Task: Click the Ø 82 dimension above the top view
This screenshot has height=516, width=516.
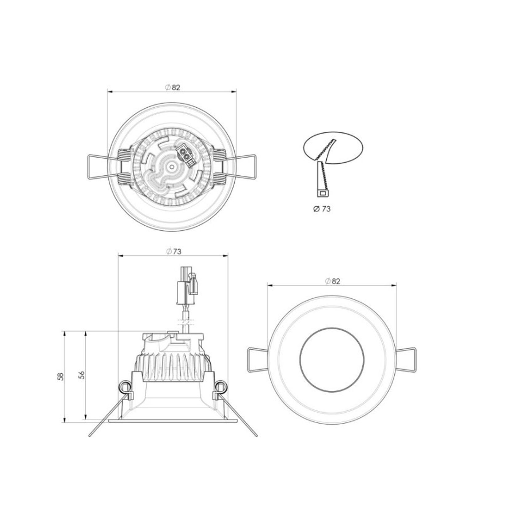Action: (173, 87)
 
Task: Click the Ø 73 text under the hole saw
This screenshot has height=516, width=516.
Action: (322, 209)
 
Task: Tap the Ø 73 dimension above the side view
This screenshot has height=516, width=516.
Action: (174, 252)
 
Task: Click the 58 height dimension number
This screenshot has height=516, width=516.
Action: (61, 376)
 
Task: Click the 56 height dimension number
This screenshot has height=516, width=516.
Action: (82, 375)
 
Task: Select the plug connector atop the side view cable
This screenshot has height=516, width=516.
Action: (187, 285)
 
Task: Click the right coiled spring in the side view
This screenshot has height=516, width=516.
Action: (220, 387)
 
